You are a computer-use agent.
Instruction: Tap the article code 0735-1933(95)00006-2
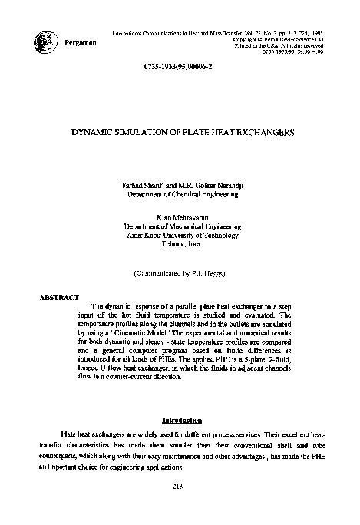[180, 69]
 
